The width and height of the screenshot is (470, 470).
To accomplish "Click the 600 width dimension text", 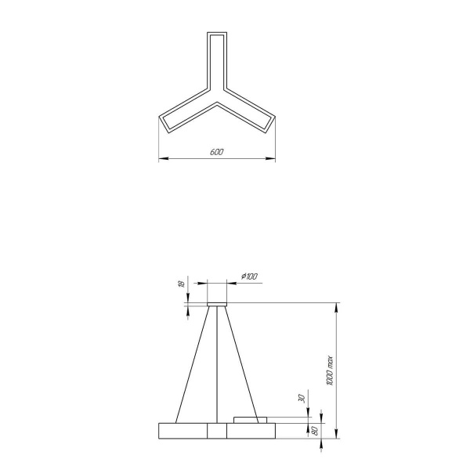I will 216,152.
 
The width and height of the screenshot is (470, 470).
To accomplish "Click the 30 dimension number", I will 301,399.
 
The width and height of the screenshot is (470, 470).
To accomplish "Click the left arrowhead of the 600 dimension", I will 161,159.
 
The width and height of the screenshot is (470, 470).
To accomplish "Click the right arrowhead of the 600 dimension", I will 273,159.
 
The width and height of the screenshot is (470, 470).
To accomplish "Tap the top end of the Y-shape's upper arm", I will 217,35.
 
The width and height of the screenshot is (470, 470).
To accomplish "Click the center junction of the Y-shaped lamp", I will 217,102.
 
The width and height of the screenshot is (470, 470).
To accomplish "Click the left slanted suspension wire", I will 193,364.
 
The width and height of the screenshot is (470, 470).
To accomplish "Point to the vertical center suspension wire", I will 217,364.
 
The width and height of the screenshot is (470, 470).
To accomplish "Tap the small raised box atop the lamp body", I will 251,420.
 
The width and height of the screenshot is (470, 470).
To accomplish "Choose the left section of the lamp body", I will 183,431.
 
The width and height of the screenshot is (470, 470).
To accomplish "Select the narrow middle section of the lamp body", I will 217,431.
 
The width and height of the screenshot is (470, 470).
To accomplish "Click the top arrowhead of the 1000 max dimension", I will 337,305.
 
